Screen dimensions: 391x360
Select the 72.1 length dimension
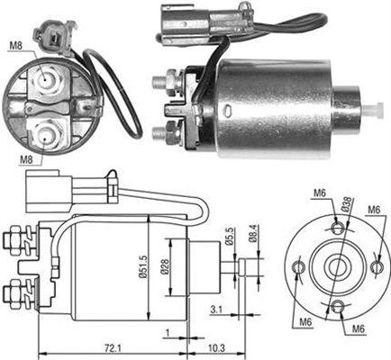pyautogui.click(x=113, y=348)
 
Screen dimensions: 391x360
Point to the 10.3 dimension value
pyautogui.click(x=216, y=348)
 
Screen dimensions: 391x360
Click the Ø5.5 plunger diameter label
pyautogui.click(x=230, y=238)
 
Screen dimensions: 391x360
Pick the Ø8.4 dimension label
pyautogui.click(x=252, y=234)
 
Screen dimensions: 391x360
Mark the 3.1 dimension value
pyautogui.click(x=216, y=310)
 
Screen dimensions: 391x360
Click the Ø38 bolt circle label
pyautogui.click(x=346, y=204)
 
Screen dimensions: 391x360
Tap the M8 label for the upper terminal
pyautogui.click(x=16, y=46)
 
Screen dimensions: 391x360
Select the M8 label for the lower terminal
pyautogui.click(x=26, y=160)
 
